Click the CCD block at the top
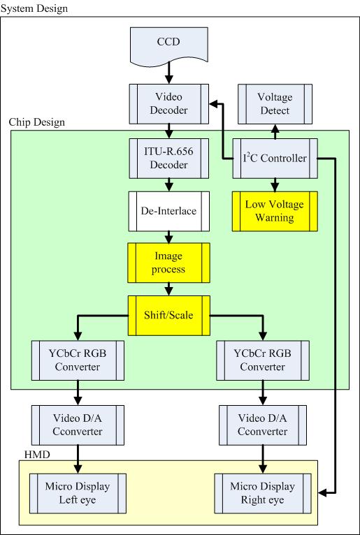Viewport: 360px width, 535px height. point(168,44)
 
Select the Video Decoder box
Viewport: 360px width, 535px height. point(168,104)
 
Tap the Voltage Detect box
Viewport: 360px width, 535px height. point(275,104)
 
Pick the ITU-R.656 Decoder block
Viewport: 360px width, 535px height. point(168,159)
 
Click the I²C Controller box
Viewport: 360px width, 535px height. point(275,159)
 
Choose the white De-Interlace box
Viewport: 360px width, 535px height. point(168,211)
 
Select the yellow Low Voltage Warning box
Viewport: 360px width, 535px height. point(275,211)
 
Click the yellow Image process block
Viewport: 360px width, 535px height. point(168,263)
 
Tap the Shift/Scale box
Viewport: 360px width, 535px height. point(168,316)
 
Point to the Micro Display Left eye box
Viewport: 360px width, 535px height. point(78,493)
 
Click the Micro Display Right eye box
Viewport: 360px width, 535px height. point(263,493)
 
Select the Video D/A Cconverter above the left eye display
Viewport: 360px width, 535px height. point(78,425)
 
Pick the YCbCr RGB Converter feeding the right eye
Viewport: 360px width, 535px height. point(263,360)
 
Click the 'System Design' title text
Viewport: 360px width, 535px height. point(34,8)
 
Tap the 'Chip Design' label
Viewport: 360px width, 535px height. point(37,122)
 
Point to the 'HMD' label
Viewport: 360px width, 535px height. point(37,455)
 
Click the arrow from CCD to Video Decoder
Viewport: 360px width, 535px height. point(168,72)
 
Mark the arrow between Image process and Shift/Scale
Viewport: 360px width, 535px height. point(168,289)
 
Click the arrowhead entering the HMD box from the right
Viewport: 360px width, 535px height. point(322,492)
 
